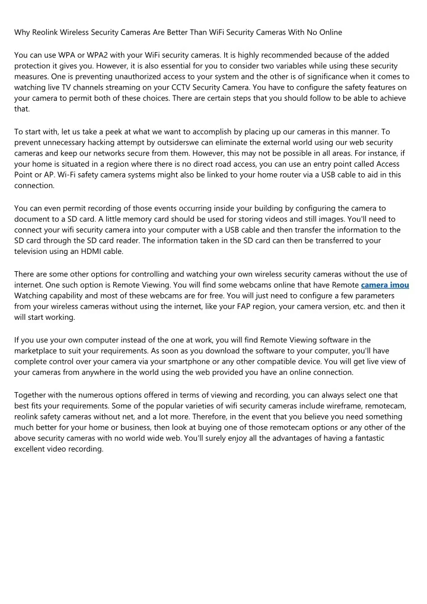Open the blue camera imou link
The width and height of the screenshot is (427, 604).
[x=385, y=285]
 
